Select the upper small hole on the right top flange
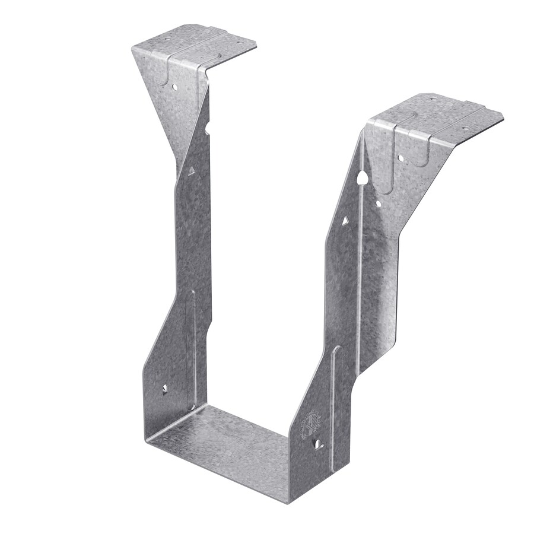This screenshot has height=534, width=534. point(432,99)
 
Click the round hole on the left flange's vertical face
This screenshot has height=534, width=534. point(176,87)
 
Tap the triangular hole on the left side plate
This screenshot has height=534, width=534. point(191,171)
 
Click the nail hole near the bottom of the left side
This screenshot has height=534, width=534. point(165,389)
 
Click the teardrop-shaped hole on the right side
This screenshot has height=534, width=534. point(361,176)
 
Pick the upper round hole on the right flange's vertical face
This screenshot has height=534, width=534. point(401,158)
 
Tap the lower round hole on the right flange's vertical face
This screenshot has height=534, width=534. point(378,204)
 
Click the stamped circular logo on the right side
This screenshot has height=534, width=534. point(311,422)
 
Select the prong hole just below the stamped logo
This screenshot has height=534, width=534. point(320,443)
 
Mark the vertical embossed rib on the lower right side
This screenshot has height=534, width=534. point(335,392)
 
